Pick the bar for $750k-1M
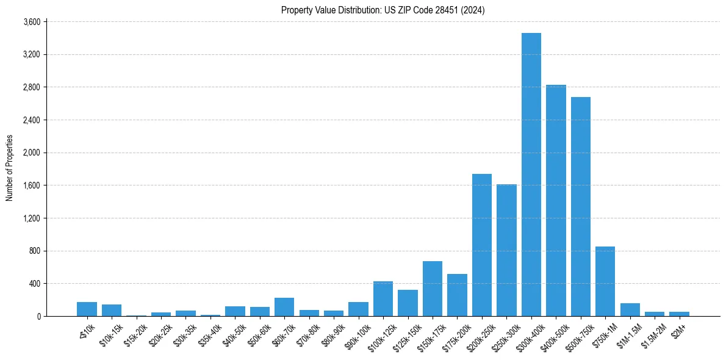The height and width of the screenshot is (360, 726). point(605,281)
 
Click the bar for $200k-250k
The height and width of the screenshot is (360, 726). point(481,245)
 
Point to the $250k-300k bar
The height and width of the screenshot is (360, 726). point(506,250)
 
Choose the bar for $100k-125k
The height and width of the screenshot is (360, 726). point(383,298)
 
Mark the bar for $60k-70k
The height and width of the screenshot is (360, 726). point(284,307)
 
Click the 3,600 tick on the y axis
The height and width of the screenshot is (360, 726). point(31,22)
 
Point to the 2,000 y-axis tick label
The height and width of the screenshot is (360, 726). point(31,153)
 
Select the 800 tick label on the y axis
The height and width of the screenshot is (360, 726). point(34,251)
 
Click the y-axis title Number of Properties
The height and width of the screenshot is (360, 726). point(9,168)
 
